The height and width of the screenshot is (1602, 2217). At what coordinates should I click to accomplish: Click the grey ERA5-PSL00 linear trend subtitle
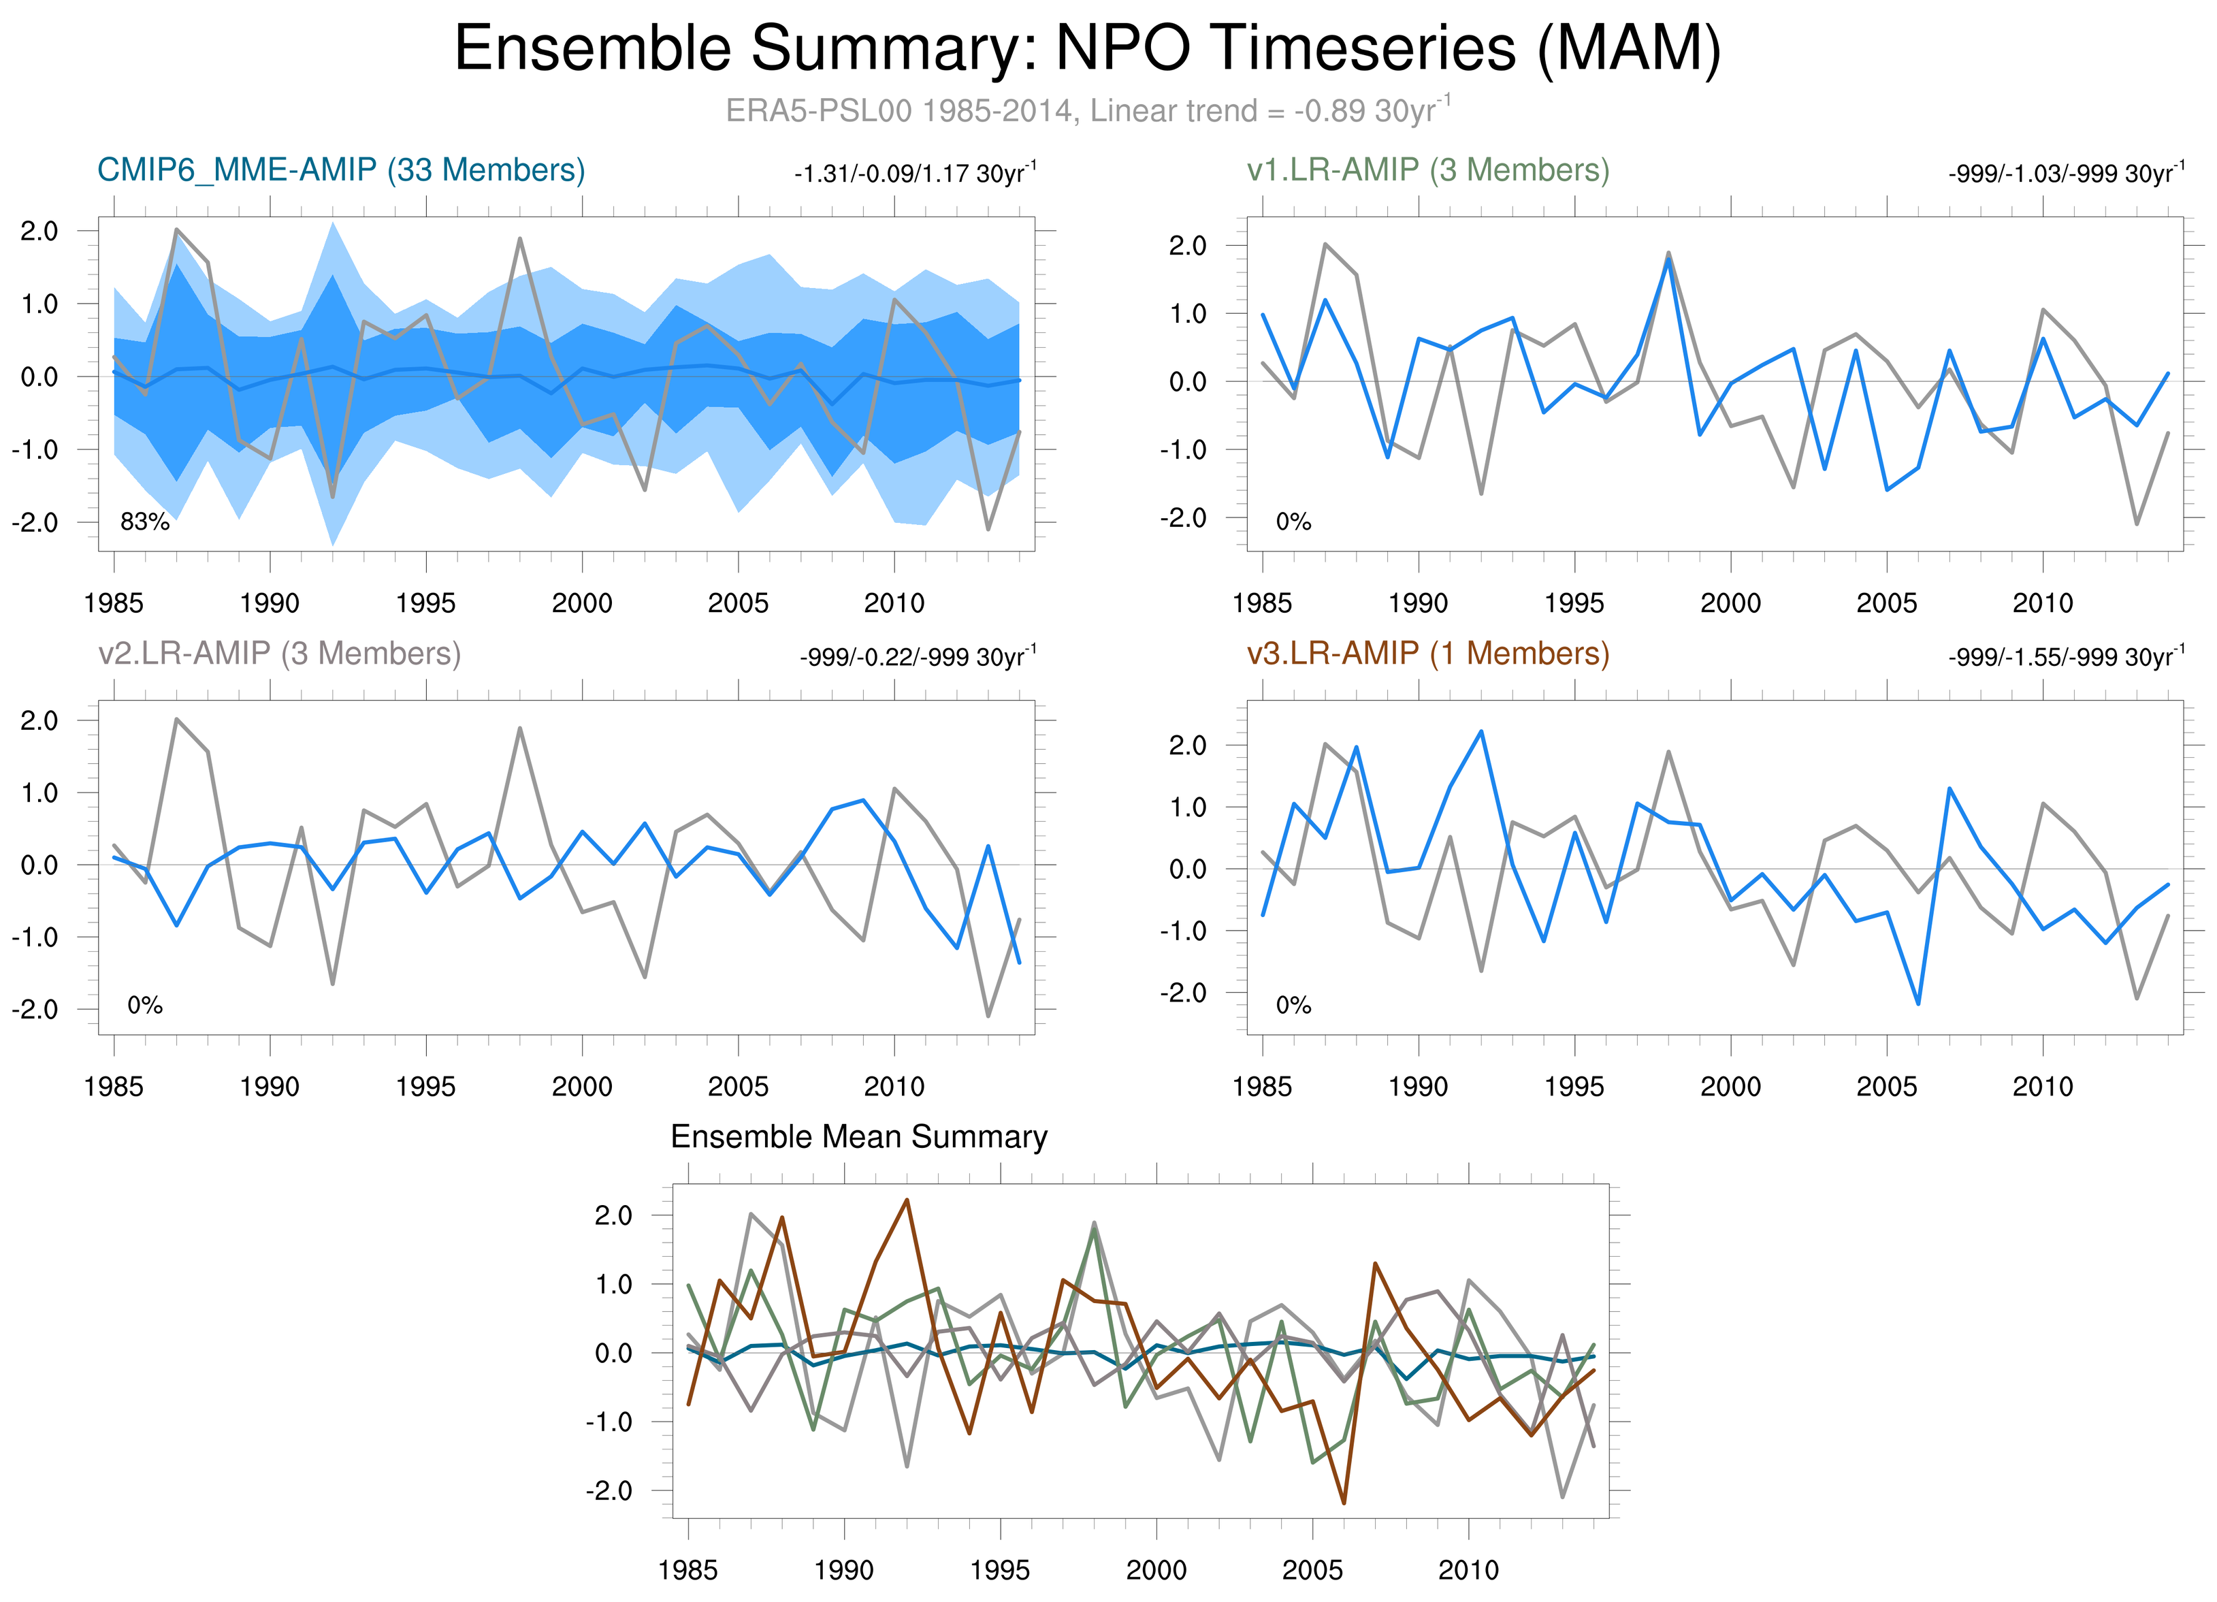point(1087,110)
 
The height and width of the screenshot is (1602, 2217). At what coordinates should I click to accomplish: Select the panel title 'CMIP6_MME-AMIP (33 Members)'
point(341,170)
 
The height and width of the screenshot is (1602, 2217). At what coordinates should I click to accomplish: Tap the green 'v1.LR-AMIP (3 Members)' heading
point(1428,170)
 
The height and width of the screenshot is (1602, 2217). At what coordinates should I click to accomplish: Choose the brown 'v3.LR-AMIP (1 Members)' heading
point(1428,653)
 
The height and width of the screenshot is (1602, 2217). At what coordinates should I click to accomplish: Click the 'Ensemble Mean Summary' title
point(858,1137)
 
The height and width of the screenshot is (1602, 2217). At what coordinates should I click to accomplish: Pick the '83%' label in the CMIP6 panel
point(145,522)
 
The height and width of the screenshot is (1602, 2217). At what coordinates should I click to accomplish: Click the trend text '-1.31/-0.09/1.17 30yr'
point(914,174)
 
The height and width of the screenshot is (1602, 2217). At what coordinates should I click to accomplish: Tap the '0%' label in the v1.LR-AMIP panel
point(1293,522)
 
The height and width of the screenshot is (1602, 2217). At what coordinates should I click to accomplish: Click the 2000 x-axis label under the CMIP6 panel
point(581,603)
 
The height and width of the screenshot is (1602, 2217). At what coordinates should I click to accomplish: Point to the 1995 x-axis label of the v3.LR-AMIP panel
point(1574,1086)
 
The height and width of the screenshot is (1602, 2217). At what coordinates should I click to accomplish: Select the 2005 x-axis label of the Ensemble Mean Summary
point(1312,1570)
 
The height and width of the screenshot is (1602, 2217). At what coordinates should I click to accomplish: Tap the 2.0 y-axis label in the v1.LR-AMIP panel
point(1188,245)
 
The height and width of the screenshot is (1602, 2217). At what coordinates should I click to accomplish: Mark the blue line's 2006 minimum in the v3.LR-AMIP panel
point(1918,1004)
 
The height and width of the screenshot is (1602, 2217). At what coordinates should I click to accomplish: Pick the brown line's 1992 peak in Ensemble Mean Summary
point(907,1200)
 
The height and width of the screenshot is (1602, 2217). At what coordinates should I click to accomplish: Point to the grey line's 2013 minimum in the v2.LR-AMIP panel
point(988,1016)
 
